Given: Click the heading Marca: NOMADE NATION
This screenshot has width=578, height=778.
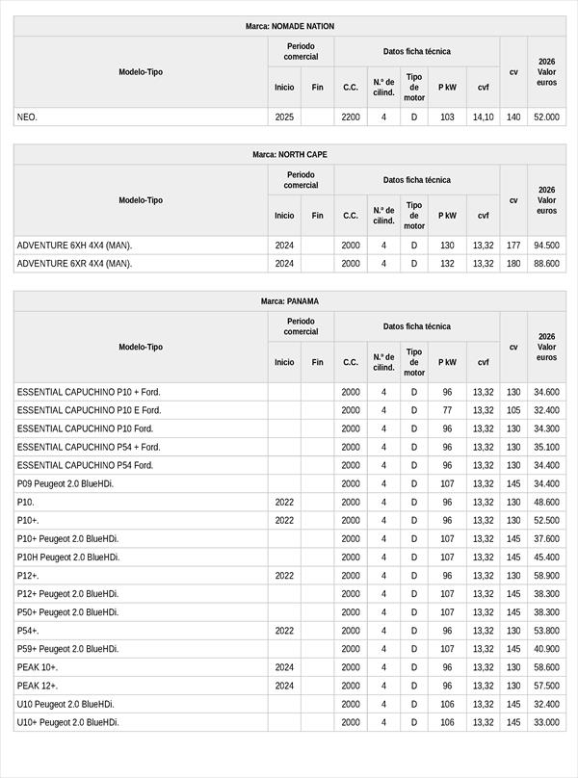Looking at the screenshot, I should point(290,26).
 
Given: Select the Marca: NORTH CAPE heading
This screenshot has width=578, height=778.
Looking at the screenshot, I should point(290,154).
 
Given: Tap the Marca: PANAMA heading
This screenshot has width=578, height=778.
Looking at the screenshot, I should point(290,301).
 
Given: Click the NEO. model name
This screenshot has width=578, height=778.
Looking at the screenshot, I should point(27,117).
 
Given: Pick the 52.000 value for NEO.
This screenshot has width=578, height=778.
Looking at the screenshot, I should point(546,117).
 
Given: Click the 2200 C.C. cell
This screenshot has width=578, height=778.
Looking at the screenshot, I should point(351,117).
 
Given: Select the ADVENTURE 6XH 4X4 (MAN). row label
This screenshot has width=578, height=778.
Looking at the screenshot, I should point(74,246).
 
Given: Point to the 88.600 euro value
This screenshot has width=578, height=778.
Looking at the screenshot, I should point(546,264).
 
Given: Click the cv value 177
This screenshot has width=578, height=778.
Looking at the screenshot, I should point(513,246).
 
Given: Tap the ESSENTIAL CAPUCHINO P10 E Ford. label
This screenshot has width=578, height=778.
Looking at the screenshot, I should point(89,410).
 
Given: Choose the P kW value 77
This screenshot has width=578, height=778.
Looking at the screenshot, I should point(447,410).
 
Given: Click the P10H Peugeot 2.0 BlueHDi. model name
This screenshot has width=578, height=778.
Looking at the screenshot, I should point(67,558).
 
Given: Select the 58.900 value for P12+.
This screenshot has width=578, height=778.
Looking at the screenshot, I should point(546,576).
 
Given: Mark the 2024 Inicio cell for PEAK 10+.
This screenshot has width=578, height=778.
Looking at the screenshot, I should point(284,667).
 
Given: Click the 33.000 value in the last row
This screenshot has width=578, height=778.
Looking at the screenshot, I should point(546,722).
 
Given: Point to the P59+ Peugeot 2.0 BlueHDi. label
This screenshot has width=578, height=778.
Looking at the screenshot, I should point(67,649).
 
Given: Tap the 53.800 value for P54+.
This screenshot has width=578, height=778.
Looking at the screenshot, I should point(546,631).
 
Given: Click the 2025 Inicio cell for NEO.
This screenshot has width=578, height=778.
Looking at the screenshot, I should point(284,117).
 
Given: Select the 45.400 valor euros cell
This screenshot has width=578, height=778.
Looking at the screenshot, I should point(546,558).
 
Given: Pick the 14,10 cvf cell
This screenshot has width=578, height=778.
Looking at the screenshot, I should point(484,117).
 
